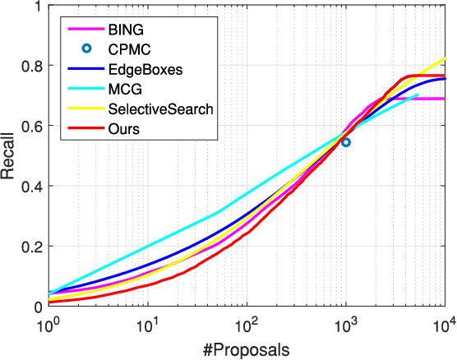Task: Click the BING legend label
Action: [x=125, y=30]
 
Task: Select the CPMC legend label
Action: [x=128, y=48]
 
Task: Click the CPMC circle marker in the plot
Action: [x=346, y=142]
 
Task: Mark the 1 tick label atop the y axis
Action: [x=39, y=6]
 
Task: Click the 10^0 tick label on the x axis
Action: [x=49, y=322]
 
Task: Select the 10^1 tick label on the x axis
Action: [x=148, y=322]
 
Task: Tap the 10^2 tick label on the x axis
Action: [x=247, y=322]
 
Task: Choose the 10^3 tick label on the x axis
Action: [x=345, y=322]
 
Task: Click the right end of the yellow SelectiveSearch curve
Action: [x=444, y=59]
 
